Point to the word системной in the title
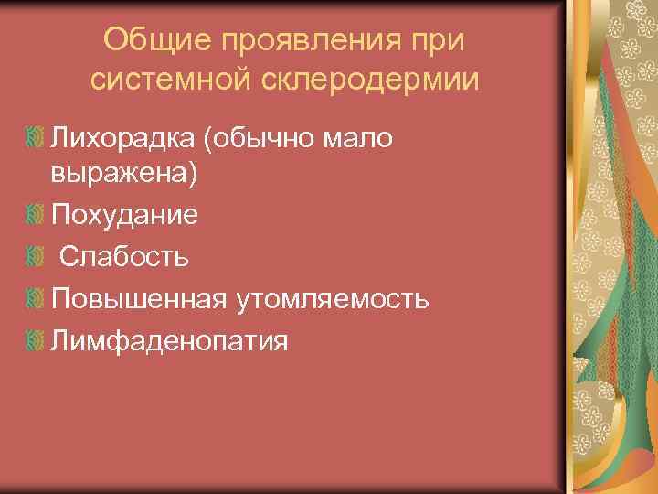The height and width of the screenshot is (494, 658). click(x=172, y=80)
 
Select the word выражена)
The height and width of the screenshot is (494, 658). click(x=123, y=176)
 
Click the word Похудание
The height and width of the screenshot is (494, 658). click(x=125, y=216)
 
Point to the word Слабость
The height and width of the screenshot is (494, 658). click(x=124, y=256)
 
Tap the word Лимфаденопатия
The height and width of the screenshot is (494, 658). click(x=170, y=341)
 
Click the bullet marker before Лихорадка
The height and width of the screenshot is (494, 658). click(x=35, y=137)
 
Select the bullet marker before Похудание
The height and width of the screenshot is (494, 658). click(x=35, y=215)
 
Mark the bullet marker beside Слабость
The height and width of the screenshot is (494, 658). click(x=35, y=255)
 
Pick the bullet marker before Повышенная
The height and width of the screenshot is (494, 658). click(x=35, y=297)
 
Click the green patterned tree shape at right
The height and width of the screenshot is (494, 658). click(x=604, y=302)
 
